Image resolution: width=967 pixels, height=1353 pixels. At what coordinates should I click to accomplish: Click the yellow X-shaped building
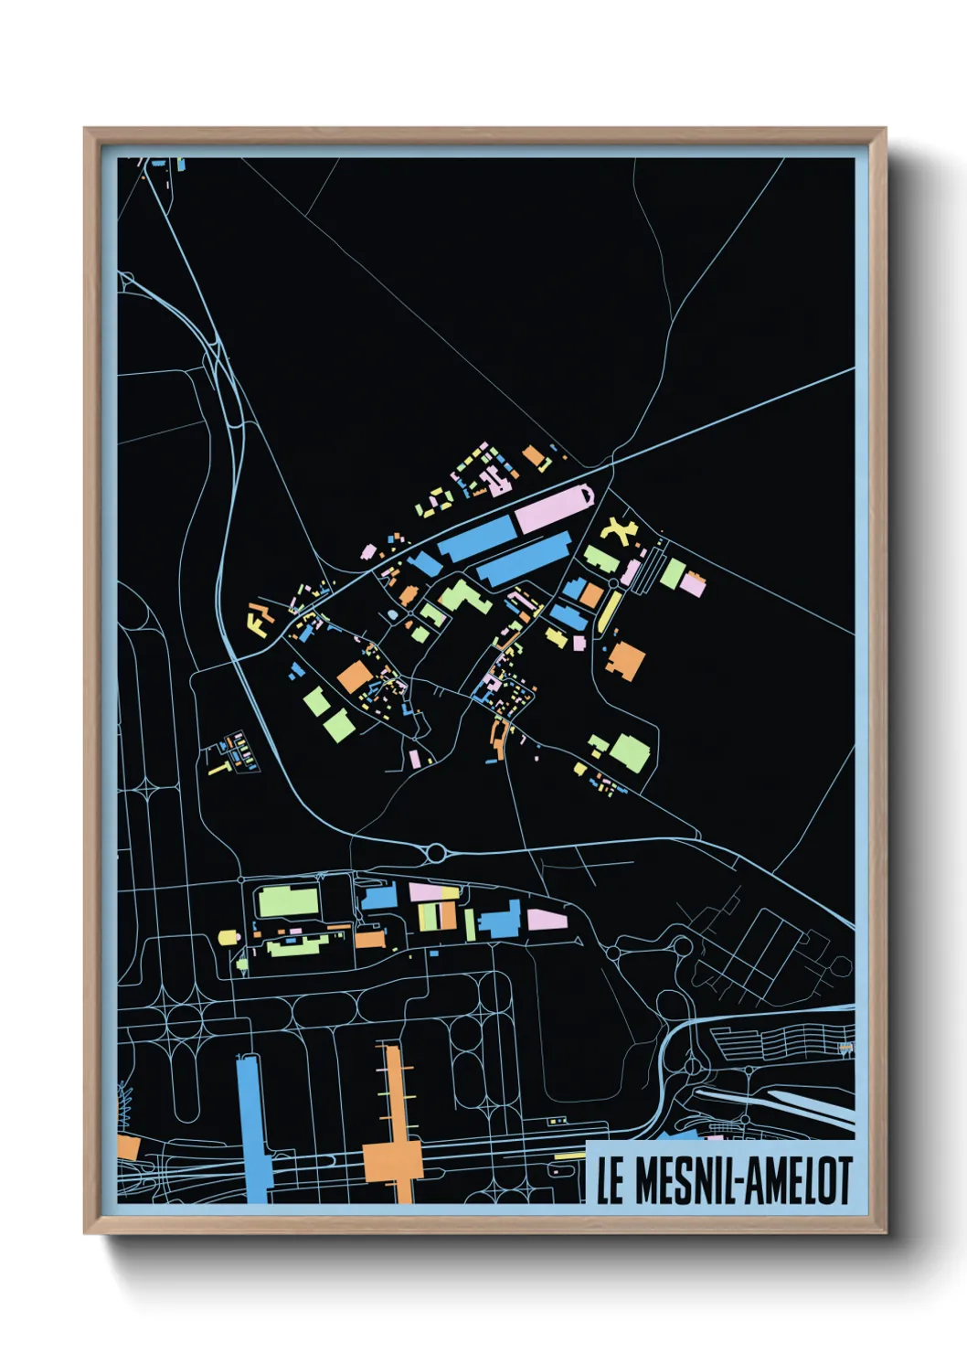coord(619,530)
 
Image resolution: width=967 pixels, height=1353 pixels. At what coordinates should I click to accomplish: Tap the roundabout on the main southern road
coord(436,853)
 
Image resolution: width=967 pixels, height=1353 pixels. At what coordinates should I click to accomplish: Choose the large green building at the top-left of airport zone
coord(289,900)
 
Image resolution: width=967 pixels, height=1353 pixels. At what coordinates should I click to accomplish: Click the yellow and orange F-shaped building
coord(259,619)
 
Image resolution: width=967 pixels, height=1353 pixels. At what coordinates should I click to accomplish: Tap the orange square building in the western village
coord(355,677)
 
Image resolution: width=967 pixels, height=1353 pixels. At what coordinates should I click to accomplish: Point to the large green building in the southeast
coord(630,752)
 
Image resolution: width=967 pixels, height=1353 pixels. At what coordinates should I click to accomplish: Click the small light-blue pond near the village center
coord(393,615)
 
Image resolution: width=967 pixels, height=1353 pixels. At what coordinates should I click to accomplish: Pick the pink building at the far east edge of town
coord(692,585)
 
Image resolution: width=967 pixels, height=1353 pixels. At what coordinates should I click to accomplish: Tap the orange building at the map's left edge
coord(128,1148)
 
